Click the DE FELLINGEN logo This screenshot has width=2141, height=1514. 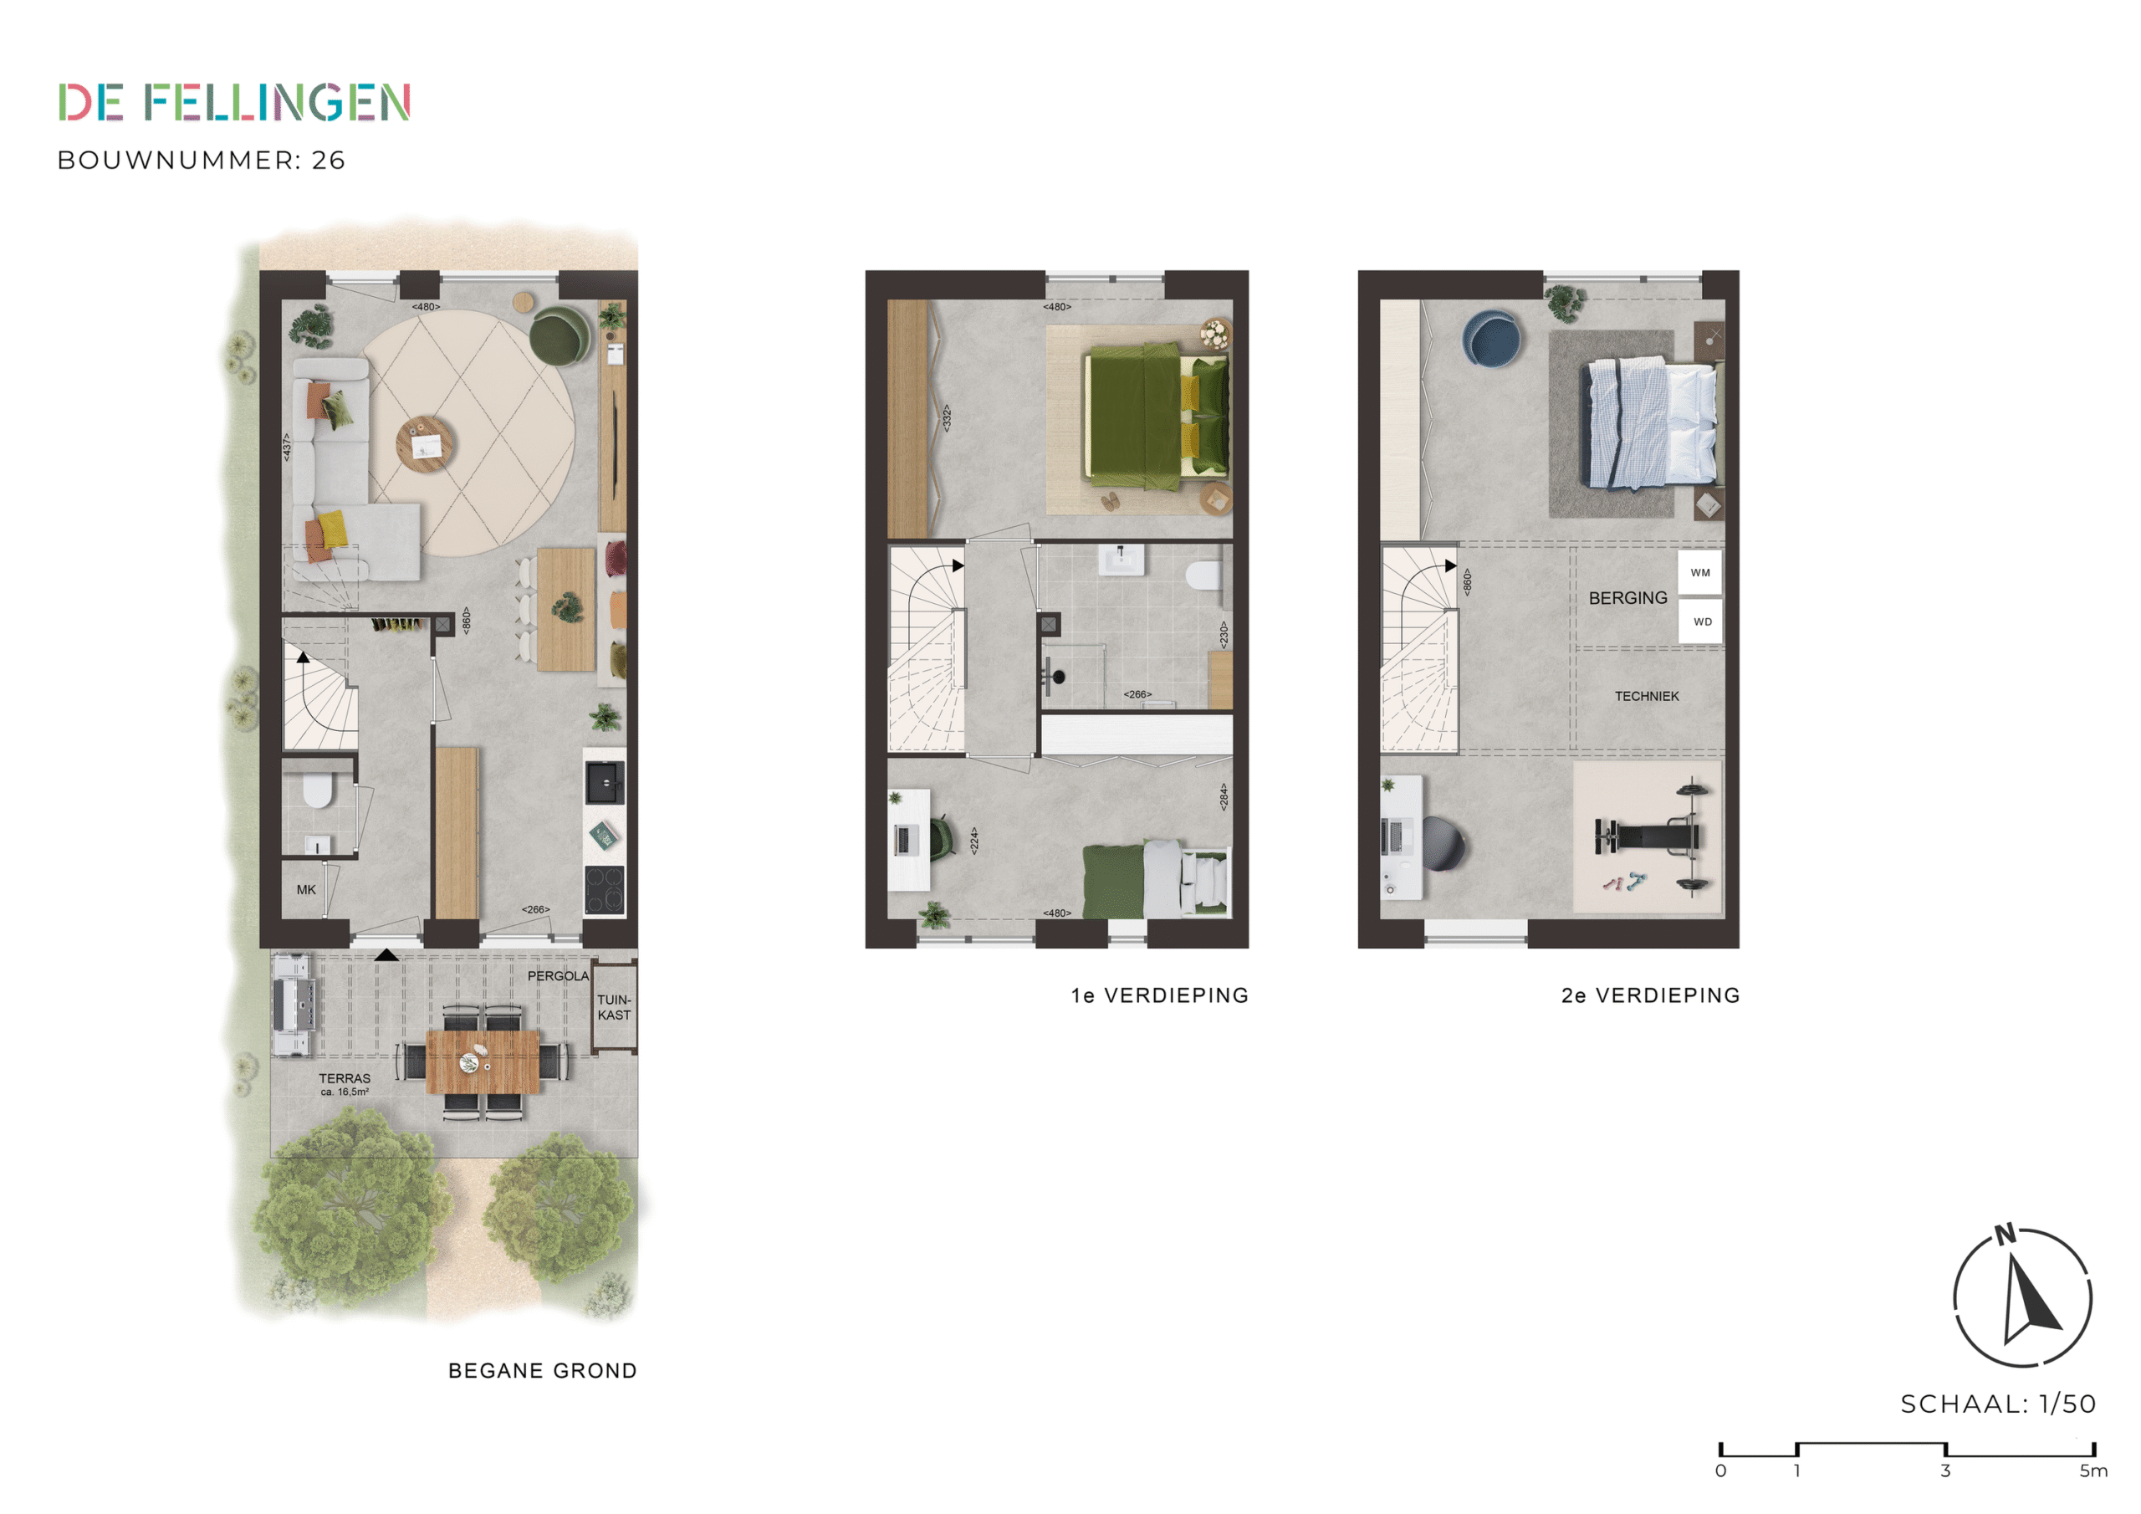click(x=234, y=102)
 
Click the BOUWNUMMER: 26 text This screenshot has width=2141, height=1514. click(x=202, y=161)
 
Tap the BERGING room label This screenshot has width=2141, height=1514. click(x=1627, y=598)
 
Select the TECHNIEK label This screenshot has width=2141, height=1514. click(x=1646, y=696)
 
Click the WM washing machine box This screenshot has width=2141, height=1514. click(x=1700, y=573)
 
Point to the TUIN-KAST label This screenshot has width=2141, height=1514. click(x=615, y=1007)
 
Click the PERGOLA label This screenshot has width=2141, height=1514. click(x=558, y=976)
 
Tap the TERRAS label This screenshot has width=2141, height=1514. click(x=344, y=1078)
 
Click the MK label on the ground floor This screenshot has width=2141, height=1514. click(x=306, y=890)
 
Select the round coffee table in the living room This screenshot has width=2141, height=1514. click(x=425, y=444)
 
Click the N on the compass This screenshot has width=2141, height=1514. click(x=2005, y=1235)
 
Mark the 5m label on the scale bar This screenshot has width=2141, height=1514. click(x=2093, y=1471)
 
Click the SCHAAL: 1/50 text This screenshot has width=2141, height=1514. click(x=1998, y=1404)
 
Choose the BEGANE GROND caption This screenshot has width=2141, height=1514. click(x=543, y=1371)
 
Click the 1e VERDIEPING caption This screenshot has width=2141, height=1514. click(x=1160, y=995)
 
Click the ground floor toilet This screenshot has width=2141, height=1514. click(x=317, y=791)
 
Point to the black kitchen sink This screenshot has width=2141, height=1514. click(x=605, y=783)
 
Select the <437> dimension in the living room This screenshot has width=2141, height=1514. click(x=287, y=446)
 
